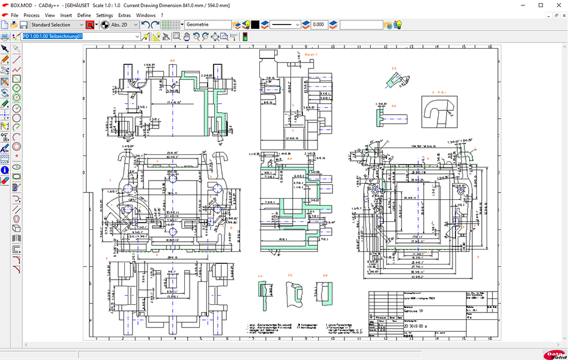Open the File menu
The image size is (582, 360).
(14, 15)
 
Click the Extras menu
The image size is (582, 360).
(124, 15)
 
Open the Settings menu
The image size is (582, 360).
(104, 15)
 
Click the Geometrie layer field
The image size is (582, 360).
(208, 25)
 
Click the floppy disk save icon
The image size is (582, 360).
(23, 25)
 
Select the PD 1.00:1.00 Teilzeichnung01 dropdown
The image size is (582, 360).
(81, 37)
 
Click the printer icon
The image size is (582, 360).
(5, 37)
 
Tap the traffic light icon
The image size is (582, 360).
(245, 37)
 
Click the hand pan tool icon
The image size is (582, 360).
(187, 37)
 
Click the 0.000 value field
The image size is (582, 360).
(319, 25)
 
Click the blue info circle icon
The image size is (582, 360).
(5, 170)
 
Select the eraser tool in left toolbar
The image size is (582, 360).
(5, 179)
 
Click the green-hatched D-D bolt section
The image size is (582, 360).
(389, 118)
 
